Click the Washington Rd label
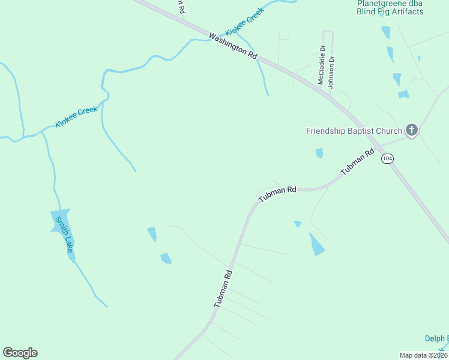click(x=233, y=45)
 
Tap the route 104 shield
click(x=387, y=158)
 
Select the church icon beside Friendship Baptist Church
click(x=411, y=130)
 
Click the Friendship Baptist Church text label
click(x=354, y=131)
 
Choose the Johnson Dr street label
click(x=331, y=72)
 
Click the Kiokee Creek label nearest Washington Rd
click(x=244, y=23)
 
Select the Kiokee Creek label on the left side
click(x=76, y=116)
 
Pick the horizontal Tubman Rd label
click(x=277, y=193)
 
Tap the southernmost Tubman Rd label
click(x=223, y=289)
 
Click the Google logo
click(x=20, y=353)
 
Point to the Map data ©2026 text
click(x=423, y=355)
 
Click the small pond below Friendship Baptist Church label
click(x=319, y=153)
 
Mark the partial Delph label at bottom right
click(x=436, y=338)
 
